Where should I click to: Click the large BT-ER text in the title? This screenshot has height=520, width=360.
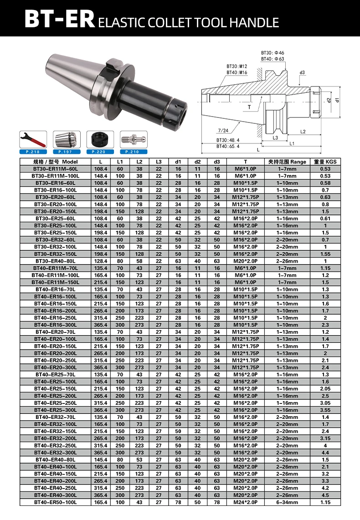click(60, 19)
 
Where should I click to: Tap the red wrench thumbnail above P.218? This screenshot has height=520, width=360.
click(33, 140)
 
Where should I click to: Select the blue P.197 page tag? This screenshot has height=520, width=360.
click(67, 152)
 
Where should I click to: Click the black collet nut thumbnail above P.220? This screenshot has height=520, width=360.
click(100, 140)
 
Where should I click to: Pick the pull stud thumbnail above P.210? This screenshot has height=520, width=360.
click(134, 140)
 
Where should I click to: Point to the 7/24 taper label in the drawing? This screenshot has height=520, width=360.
click(223, 130)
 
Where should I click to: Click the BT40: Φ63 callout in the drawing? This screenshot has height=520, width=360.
click(273, 59)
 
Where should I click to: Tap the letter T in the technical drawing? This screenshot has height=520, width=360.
click(250, 107)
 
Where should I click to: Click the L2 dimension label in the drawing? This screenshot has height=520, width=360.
click(303, 132)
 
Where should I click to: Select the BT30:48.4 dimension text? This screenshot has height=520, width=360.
click(228, 140)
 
